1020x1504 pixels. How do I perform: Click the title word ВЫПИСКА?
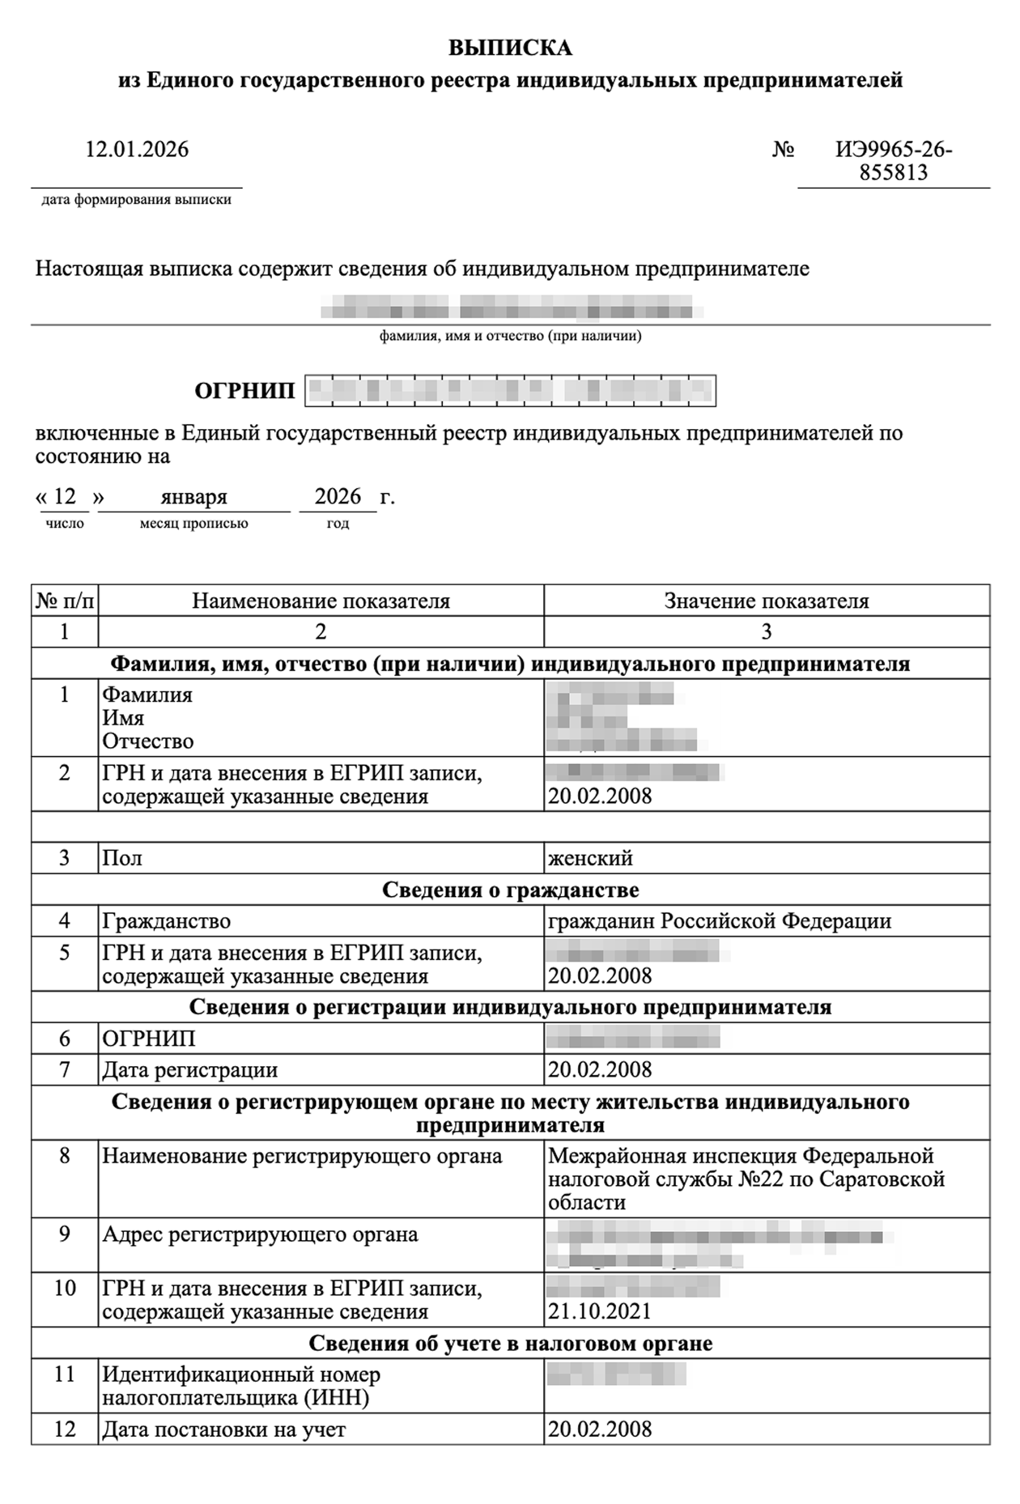pos(510,48)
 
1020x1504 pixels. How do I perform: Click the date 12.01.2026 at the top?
pos(137,149)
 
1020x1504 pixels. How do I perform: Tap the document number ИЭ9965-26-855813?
pos(894,160)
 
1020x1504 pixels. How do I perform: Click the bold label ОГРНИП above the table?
pos(244,391)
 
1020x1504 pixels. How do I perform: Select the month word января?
pos(193,496)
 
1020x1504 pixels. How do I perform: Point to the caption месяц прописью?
pos(193,524)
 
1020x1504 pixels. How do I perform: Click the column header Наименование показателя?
pos(321,601)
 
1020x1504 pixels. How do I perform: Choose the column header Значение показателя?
pos(766,601)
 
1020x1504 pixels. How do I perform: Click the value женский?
pos(590,857)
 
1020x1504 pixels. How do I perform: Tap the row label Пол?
pos(122,857)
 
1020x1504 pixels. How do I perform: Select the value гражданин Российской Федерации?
pos(720,920)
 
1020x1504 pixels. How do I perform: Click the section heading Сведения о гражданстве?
pos(510,890)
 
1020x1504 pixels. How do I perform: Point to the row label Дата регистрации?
pos(189,1069)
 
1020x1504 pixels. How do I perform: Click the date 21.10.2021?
pos(599,1311)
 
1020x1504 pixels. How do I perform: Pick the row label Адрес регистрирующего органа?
pos(260,1234)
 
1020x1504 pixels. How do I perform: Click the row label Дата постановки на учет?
pos(223,1430)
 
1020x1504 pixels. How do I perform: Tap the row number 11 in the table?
pos(64,1374)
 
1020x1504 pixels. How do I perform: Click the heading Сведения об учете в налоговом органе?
pos(510,1344)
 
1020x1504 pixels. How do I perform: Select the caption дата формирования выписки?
pos(136,200)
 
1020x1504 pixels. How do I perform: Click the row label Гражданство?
pos(166,920)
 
